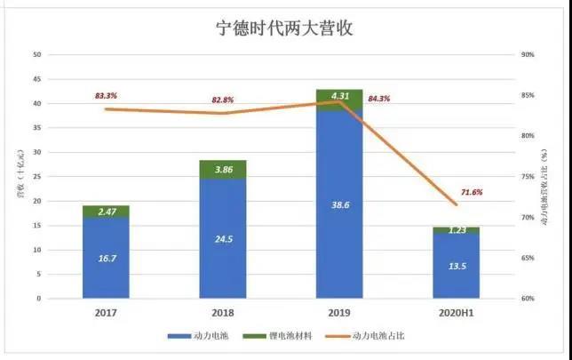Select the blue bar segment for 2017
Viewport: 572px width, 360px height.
106,258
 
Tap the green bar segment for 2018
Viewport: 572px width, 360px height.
222,169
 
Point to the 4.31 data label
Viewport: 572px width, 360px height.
339,95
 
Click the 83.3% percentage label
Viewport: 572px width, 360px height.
107,95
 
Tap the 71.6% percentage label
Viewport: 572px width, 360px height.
472,192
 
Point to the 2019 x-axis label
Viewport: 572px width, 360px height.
339,313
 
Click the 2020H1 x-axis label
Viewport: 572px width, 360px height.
457,313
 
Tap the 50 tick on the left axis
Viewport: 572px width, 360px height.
36,55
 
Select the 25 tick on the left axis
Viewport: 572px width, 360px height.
36,177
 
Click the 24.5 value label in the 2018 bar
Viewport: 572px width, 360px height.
222,239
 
